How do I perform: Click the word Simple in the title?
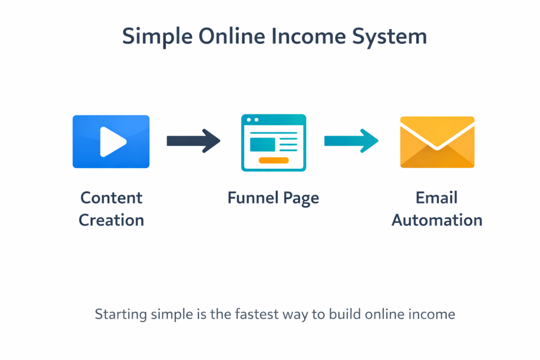pos(155,37)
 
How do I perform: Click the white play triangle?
pos(112,142)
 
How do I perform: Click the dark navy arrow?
pos(193,141)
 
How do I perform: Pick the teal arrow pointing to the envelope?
pos(351,141)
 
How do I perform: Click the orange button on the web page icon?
pos(274,160)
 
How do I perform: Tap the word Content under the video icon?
pos(111,198)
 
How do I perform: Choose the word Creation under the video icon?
pos(111,220)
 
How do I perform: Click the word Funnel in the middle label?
pos(251,198)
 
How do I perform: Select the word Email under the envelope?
pos(437,198)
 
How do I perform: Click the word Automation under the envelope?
pos(437,220)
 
